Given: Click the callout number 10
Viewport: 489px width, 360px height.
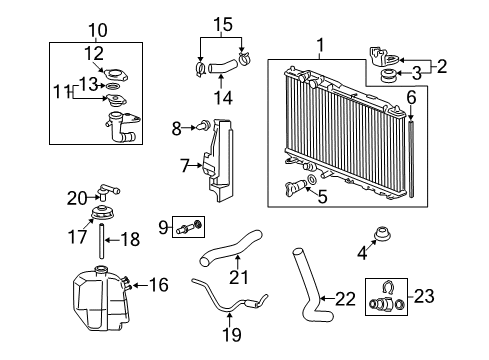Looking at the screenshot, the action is coord(98,31).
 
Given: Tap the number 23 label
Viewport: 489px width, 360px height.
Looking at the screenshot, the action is coord(424,296).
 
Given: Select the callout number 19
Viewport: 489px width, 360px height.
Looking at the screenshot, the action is coord(231,335).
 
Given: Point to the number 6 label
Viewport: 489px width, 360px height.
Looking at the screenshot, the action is coord(412,98).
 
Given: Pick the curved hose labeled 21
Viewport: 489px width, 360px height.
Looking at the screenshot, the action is coord(230,248).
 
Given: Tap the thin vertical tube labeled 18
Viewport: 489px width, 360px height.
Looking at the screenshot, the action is coord(101,241).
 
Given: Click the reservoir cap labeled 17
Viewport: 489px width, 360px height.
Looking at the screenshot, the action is coord(103,214).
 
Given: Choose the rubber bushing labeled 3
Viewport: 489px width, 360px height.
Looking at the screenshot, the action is coord(388,75).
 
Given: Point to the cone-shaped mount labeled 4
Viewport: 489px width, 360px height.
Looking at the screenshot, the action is coord(382,234).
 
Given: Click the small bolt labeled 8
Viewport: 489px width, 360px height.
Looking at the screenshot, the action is coord(204,126).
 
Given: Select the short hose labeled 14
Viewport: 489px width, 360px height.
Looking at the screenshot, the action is coord(223,66).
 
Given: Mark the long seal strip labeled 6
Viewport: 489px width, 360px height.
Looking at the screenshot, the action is coord(411,159).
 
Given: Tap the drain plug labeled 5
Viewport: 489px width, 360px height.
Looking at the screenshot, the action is coord(296,188).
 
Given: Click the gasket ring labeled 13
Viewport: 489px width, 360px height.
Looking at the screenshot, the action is coord(113,87).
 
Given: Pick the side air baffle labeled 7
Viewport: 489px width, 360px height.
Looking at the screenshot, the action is coord(219,161).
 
